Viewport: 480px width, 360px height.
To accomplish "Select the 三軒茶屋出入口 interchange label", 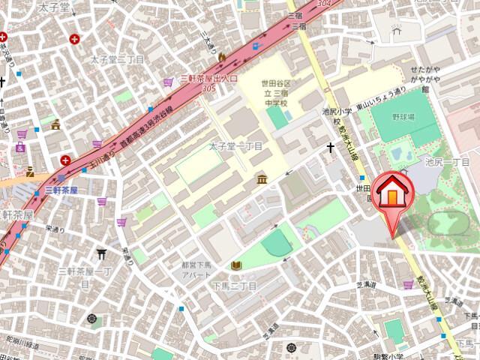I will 210,78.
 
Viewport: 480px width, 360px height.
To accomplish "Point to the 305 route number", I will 209,88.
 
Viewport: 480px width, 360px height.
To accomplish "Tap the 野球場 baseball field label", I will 403,118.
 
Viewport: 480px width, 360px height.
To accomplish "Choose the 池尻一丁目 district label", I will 448,161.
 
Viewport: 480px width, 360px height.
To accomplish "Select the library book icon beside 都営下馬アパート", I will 236,265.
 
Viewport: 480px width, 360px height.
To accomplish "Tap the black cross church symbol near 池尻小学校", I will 330,148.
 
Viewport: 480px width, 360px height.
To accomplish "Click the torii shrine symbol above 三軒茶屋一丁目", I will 102,253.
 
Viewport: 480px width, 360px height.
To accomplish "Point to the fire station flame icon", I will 222,56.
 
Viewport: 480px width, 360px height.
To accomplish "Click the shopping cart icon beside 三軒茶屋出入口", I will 168,82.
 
